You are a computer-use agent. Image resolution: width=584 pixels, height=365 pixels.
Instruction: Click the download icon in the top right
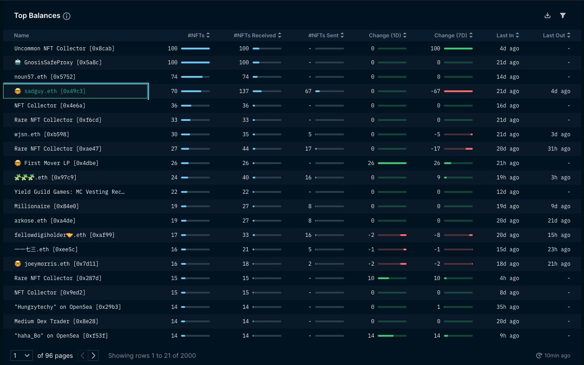pos(548,15)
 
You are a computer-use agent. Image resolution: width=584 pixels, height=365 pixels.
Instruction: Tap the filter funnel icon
pos(562,15)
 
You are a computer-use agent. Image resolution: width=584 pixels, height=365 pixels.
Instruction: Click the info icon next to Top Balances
pos(67,16)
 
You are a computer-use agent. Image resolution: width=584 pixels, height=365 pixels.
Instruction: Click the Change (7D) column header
pos(453,36)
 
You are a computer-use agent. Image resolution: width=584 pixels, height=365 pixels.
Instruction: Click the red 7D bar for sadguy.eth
pos(458,91)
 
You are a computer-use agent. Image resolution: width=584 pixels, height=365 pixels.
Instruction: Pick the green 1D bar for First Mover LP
pos(392,163)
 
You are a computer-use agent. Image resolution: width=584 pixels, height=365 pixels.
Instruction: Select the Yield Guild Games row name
pos(69,192)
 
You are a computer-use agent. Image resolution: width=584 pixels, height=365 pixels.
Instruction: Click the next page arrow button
pos(93,356)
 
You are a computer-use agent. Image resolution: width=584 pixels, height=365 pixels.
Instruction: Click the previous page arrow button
pos(82,356)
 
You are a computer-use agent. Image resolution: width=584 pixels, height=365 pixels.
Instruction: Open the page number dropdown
pos(22,356)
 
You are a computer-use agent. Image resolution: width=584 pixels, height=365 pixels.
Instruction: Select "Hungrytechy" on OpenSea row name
pos(68,307)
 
